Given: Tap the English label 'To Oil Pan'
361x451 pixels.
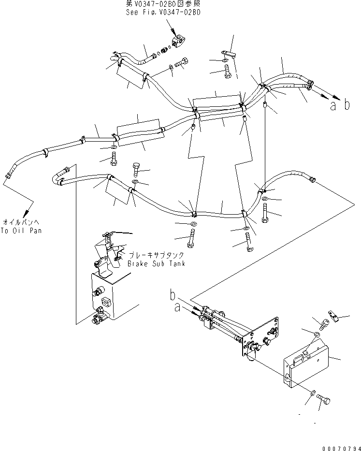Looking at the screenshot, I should (x=21, y=231).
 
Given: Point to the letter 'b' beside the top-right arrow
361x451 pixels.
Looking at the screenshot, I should (x=347, y=105).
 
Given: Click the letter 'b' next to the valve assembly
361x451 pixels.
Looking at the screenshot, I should (x=173, y=294).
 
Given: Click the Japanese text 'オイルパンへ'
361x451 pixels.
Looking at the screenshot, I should (x=21, y=222).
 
